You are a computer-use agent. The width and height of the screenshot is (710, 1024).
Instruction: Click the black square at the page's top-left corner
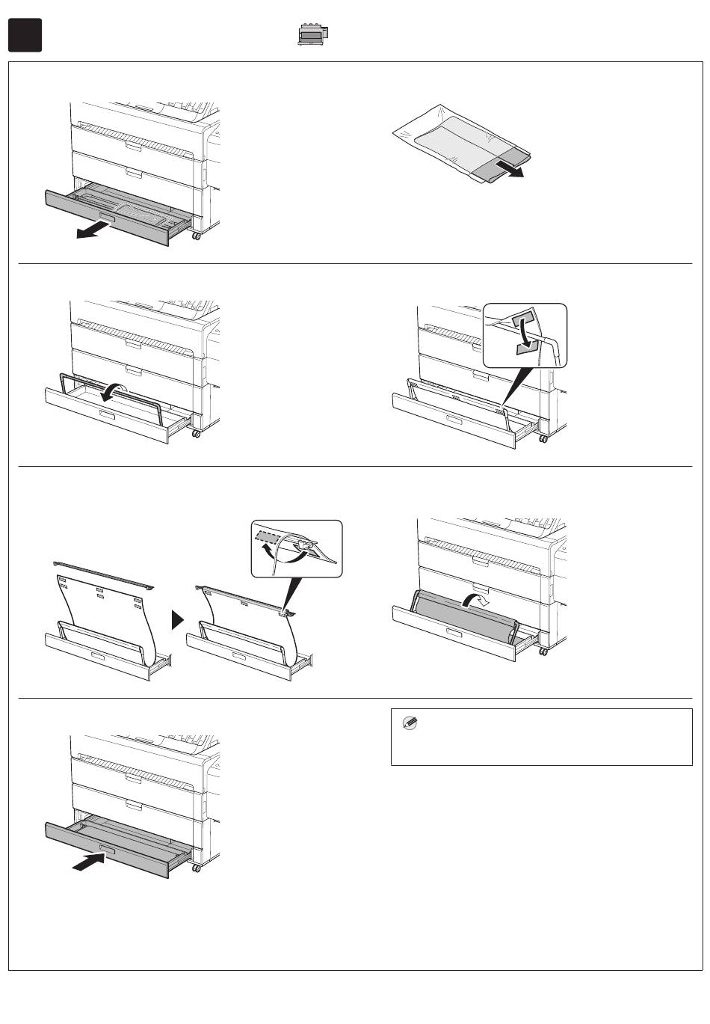25,35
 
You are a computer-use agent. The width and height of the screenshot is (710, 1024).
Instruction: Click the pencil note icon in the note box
410,723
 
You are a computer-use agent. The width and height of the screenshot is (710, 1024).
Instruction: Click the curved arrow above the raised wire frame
117,390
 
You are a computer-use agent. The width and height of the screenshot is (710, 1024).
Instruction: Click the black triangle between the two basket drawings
178,620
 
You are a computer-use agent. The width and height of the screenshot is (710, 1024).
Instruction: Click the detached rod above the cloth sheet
104,573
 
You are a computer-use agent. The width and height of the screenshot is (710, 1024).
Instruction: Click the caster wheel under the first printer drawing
197,236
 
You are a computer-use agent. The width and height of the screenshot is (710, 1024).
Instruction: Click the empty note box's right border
692,737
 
